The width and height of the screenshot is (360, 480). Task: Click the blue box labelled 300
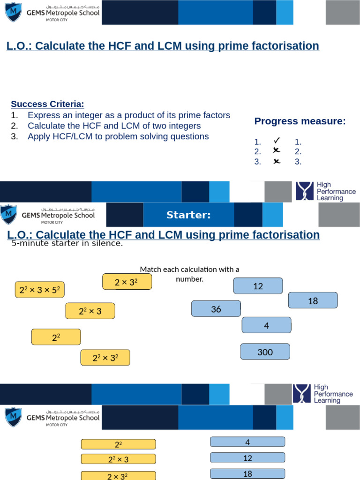[265, 352]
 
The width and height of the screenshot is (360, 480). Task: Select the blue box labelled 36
[216, 309]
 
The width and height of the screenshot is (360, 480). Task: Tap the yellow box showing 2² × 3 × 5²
[40, 291]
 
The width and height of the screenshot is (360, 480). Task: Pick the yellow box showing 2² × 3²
[105, 358]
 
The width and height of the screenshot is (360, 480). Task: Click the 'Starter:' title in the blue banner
[188, 215]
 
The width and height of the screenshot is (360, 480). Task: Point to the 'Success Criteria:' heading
[47, 104]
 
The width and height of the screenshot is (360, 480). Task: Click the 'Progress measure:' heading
[300, 121]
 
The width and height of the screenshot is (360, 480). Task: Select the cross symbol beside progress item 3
[277, 161]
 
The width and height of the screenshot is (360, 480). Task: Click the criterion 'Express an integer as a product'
[129, 115]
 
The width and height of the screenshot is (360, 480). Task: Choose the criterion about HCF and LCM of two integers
[114, 126]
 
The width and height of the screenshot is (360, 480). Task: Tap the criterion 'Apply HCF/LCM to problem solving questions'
[118, 137]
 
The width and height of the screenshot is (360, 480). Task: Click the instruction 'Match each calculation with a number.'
[189, 274]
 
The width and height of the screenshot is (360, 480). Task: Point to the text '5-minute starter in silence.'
[67, 243]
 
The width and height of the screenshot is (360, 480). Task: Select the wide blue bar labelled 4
[247, 442]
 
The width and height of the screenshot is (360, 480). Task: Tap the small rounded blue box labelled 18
[313, 301]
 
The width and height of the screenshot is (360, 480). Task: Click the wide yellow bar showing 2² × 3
[118, 460]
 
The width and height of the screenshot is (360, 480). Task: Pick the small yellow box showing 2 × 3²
[127, 282]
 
